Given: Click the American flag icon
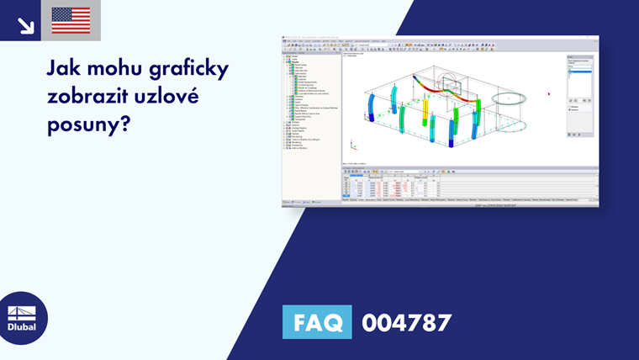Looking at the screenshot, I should [x=71, y=20].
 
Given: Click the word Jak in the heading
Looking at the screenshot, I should [x=65, y=68].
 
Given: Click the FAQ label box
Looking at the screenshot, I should [x=318, y=323].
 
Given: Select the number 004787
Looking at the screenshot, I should [x=406, y=323].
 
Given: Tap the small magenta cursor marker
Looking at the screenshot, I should [x=548, y=93].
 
